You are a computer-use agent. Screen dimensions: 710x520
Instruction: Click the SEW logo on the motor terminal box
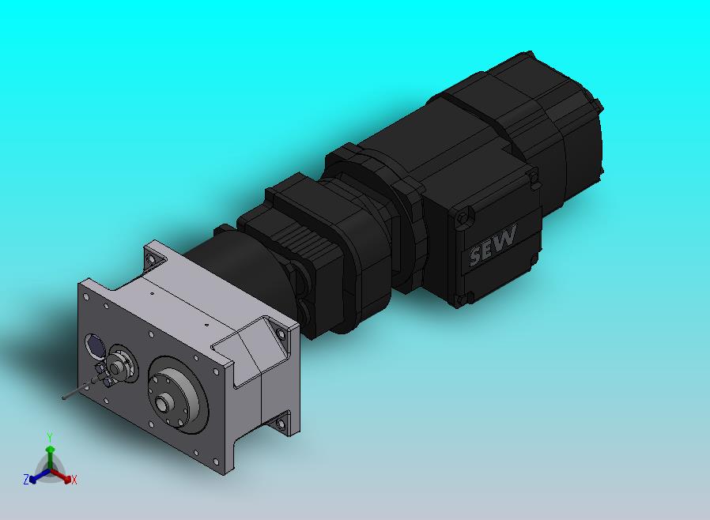tap(493, 245)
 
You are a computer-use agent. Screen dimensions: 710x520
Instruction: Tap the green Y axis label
tap(50, 437)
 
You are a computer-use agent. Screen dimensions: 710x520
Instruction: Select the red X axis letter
tap(74, 480)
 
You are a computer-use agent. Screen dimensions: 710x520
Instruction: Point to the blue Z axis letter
tap(26, 479)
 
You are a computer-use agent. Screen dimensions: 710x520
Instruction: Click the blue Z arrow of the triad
tap(39, 476)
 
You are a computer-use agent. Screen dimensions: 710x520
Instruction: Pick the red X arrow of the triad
tap(61, 475)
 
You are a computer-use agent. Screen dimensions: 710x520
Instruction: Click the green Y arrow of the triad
tap(50, 458)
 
